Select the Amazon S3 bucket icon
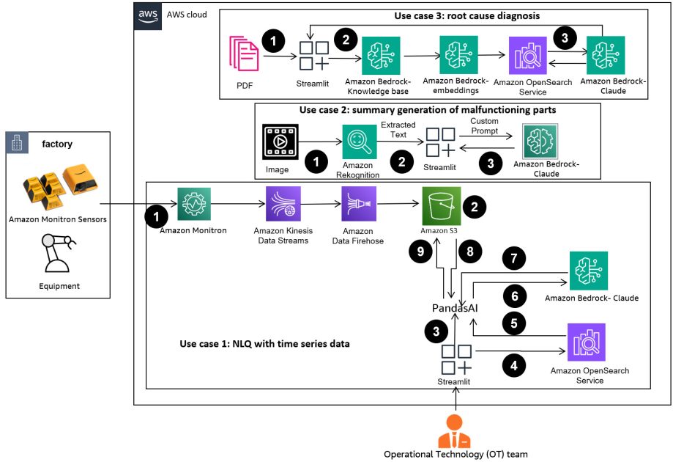[x=441, y=204]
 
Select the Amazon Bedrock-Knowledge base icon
[x=380, y=55]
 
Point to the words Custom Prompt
[x=483, y=125]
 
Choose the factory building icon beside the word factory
[x=17, y=142]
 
